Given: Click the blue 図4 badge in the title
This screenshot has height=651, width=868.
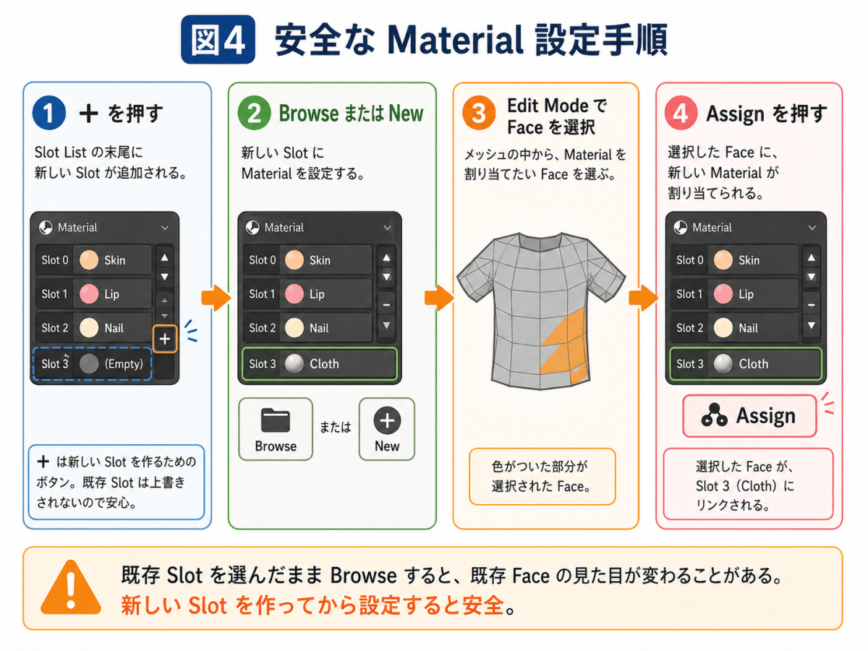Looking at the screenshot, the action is pyautogui.click(x=218, y=40).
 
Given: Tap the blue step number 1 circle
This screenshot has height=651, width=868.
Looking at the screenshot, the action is pyautogui.click(x=49, y=113).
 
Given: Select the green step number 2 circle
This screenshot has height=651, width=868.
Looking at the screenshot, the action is pyautogui.click(x=255, y=113).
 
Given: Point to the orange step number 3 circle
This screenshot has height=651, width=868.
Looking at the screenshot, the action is pyautogui.click(x=479, y=113).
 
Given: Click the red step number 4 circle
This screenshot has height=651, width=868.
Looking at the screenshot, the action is pyautogui.click(x=681, y=113).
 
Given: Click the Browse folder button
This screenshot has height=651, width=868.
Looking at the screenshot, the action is pyautogui.click(x=276, y=429).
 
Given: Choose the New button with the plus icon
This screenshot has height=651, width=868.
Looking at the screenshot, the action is pyautogui.click(x=387, y=429).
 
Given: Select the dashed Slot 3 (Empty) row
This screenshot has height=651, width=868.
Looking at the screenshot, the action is pyautogui.click(x=92, y=364).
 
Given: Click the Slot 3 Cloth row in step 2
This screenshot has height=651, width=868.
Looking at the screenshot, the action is pyautogui.click(x=320, y=364).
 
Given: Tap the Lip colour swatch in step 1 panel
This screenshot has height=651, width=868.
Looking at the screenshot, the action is pyautogui.click(x=89, y=294).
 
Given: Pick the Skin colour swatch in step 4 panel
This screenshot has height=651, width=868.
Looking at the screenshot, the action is pyautogui.click(x=723, y=260).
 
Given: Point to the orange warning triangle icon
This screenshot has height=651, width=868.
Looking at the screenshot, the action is pyautogui.click(x=71, y=587).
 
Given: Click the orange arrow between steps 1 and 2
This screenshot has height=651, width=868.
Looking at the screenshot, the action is pyautogui.click(x=216, y=297).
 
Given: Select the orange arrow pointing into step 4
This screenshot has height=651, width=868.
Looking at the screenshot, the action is pyautogui.click(x=643, y=297).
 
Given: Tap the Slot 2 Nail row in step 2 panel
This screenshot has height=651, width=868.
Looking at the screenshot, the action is pyautogui.click(x=307, y=328).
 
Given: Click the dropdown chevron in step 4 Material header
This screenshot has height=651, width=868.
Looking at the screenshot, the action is pyautogui.click(x=812, y=228).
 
